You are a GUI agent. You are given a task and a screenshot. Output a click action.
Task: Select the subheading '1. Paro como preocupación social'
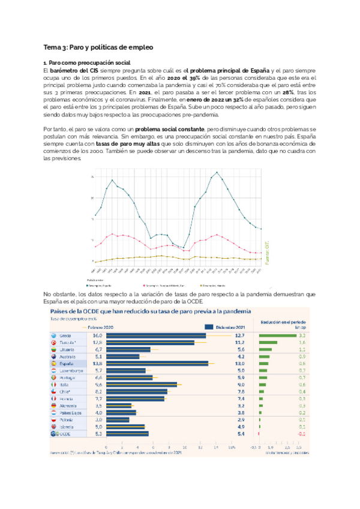(88, 62)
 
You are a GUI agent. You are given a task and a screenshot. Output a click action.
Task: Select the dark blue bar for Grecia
(156, 336)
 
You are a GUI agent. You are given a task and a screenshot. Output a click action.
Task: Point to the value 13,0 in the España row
(240, 364)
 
